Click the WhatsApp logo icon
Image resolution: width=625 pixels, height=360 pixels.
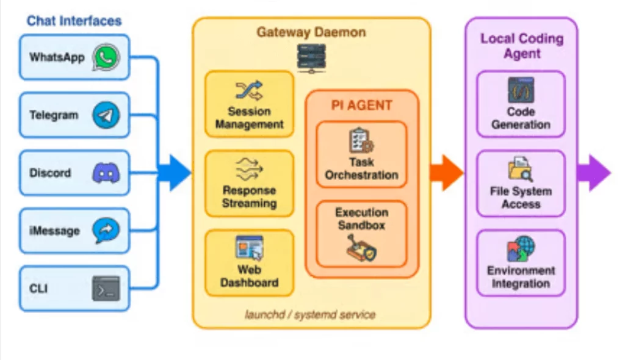[106, 57]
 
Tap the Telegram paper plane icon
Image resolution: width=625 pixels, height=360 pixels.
[106, 115]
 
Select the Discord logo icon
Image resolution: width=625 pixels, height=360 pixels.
[106, 173]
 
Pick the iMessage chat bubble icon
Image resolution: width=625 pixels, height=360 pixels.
[106, 231]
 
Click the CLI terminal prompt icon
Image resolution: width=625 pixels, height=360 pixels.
[106, 289]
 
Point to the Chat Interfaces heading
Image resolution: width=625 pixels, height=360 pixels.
[74, 21]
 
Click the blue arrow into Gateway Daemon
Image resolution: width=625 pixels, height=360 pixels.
[175, 173]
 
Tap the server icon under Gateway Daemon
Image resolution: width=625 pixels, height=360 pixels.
[311, 57]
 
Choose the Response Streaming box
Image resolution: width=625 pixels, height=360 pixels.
[249, 184]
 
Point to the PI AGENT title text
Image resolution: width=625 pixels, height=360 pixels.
[362, 105]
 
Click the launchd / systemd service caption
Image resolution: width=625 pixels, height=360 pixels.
[310, 315]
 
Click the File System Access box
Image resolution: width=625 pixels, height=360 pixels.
[521, 184]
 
